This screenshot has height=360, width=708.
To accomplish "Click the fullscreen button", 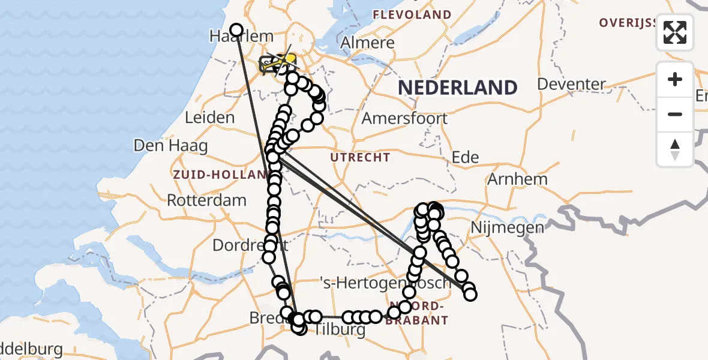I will click(x=675, y=32).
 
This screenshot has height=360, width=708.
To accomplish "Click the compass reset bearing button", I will click(x=675, y=149).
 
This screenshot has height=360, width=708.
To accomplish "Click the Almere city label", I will click(x=368, y=43).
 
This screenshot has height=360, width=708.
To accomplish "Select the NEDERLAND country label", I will click(x=457, y=88).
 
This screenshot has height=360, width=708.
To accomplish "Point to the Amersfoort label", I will click(x=404, y=118).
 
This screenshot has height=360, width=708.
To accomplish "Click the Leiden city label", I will click(x=209, y=117).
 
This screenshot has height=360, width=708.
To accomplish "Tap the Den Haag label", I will click(x=170, y=145).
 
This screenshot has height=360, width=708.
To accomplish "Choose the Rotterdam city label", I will click(x=206, y=200).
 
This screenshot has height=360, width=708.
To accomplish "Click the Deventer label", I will click(x=572, y=84).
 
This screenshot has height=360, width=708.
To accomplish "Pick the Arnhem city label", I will click(x=517, y=179).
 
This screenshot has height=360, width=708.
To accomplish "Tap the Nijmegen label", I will click(x=499, y=227).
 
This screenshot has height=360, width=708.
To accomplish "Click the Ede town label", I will click(x=464, y=157).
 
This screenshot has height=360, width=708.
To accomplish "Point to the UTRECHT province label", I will click(x=360, y=158).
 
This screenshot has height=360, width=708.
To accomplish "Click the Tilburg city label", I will click(x=340, y=329).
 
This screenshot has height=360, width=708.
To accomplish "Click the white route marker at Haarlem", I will click(x=236, y=30).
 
